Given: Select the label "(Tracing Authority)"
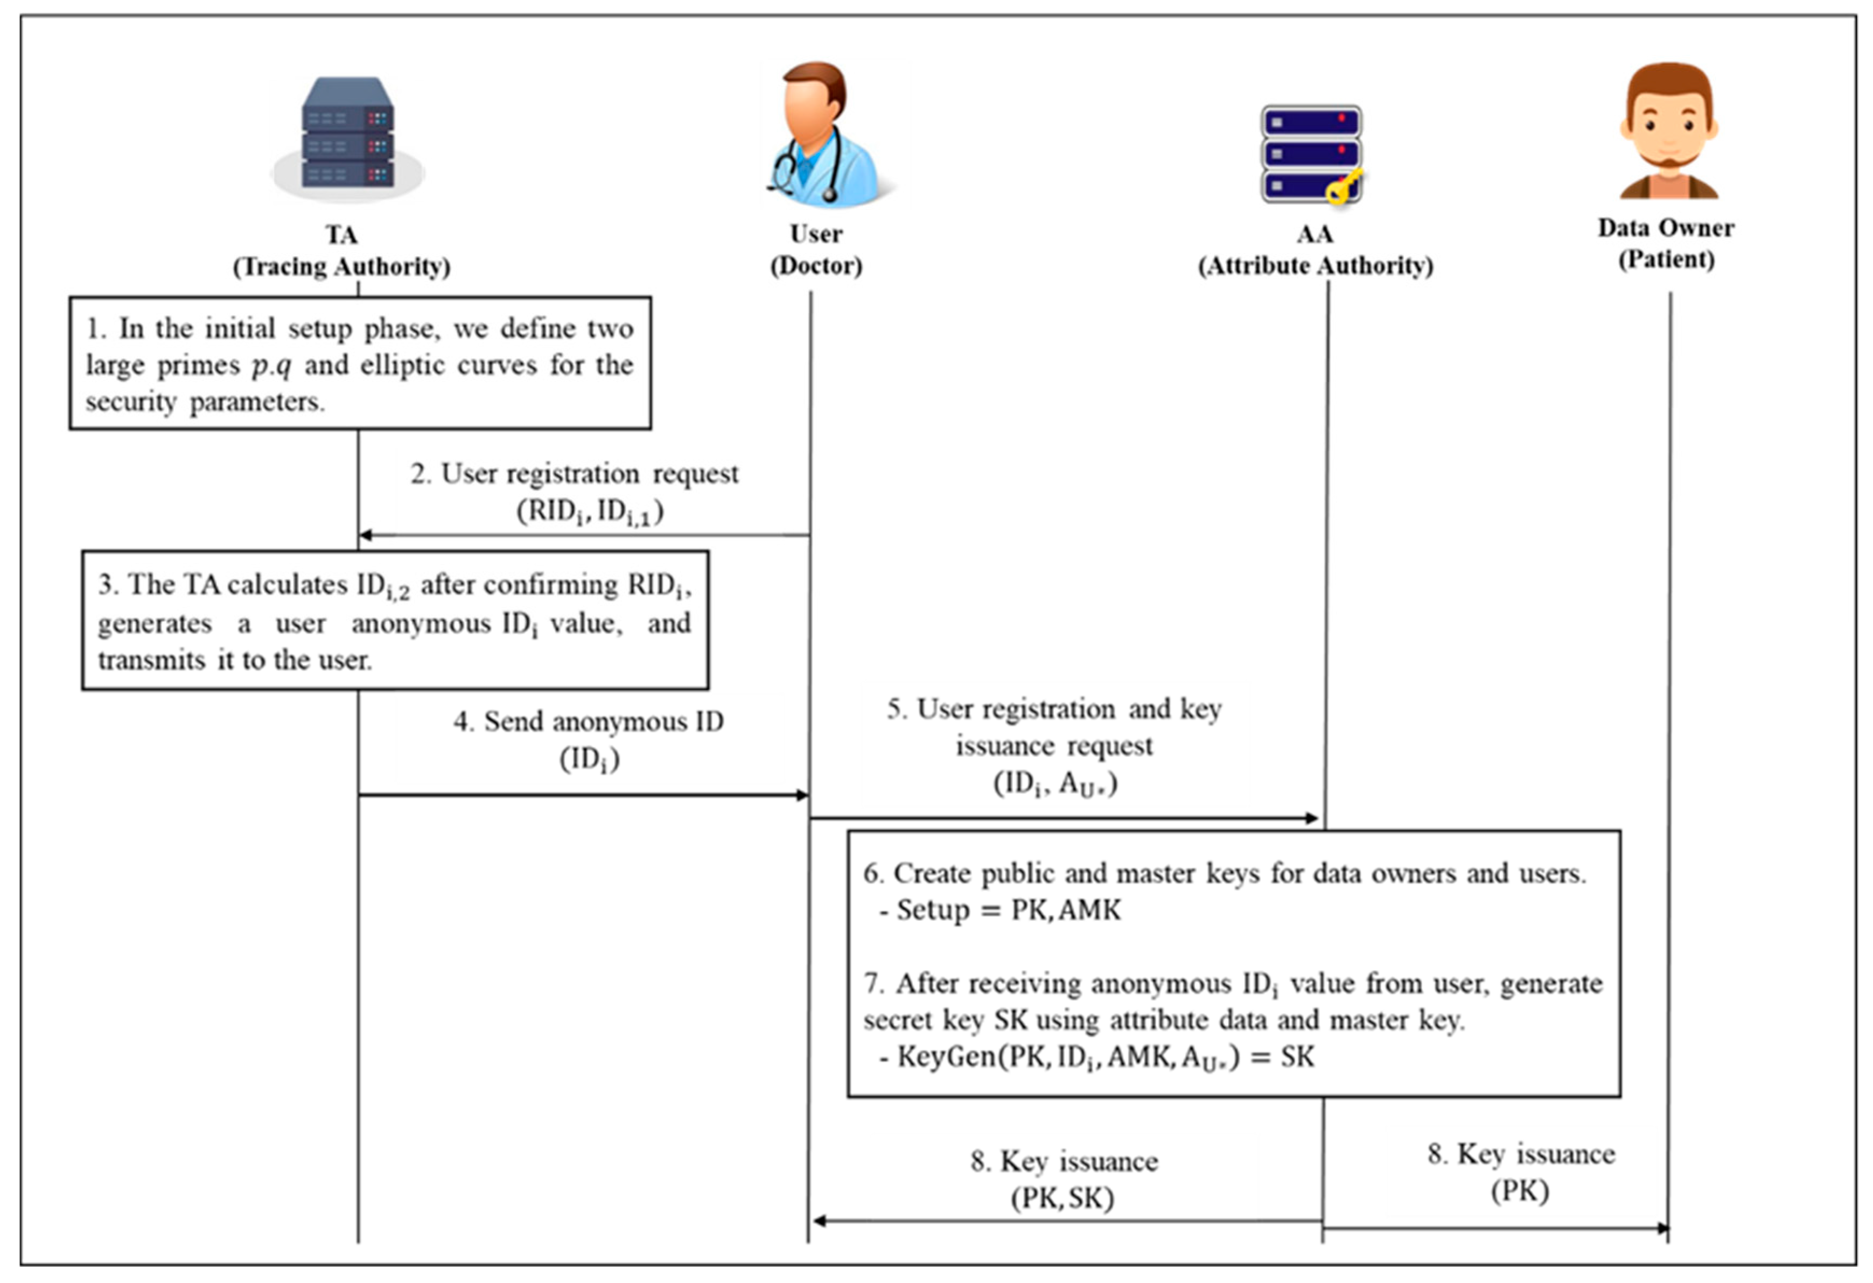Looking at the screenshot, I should tap(342, 267).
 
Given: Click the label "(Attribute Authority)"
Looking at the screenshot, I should tap(1315, 266).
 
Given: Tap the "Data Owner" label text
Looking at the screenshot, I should tap(1666, 228).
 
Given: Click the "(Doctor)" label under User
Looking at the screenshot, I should tap(816, 266).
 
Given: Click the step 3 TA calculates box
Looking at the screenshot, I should tap(395, 621).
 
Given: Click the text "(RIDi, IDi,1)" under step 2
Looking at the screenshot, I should tap(590, 512).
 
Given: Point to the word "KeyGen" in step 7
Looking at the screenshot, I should tap(946, 1056).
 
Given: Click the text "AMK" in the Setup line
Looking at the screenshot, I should tap(1089, 910).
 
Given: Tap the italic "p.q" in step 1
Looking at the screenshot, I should tap(271, 366).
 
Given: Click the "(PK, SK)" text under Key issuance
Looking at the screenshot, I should tap(1062, 1198).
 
